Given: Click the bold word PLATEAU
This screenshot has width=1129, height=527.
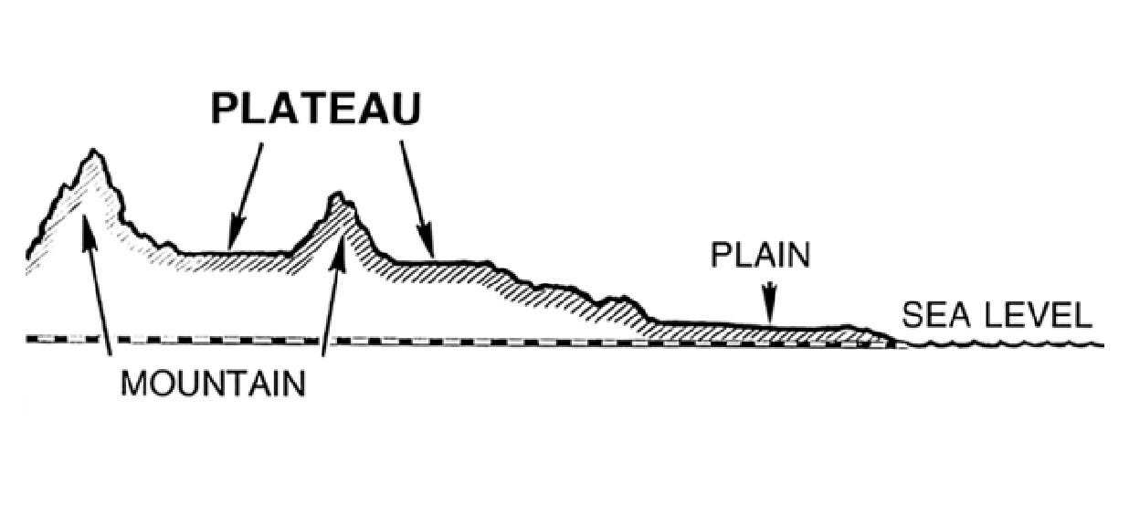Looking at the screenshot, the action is click(316, 109).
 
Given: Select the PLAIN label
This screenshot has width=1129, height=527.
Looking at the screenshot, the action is click(760, 255).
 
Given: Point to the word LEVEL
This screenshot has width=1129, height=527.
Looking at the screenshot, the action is click(1039, 316).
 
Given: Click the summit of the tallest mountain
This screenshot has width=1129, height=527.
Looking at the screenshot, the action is click(93, 152).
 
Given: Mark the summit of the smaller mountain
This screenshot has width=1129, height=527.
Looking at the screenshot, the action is click(337, 195).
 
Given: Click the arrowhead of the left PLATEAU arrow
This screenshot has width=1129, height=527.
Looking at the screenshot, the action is click(234, 239).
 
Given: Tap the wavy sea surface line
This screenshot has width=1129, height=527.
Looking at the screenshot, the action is click(1005, 345).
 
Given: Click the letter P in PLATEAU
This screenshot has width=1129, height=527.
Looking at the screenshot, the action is click(224, 109).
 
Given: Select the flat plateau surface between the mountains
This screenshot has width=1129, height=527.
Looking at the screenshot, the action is click(237, 252).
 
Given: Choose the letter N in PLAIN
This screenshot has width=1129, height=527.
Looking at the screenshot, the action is click(798, 255).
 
